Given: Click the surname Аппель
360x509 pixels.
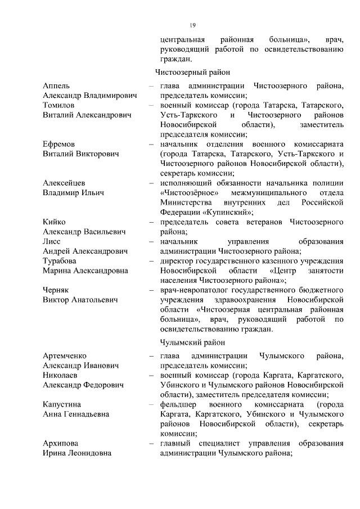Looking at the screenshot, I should (56, 86).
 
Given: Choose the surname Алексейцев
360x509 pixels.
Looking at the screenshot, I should (64, 183).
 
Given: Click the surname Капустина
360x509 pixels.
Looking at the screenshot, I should (62, 404).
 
